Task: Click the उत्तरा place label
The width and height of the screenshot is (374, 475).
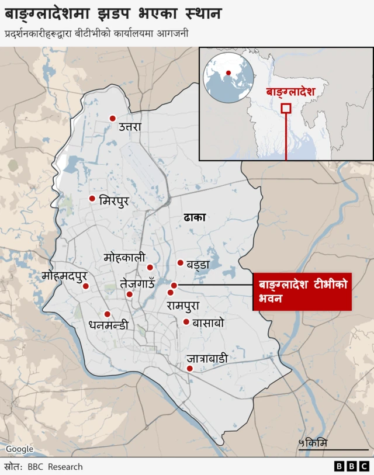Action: (130, 126)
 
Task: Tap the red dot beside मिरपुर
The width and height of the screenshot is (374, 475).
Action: (92, 199)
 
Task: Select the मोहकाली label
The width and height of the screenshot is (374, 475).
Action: (124, 258)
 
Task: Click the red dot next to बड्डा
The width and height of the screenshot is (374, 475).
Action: (180, 263)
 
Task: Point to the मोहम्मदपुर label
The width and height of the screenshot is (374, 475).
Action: (65, 276)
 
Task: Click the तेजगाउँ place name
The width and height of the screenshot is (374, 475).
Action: (137, 283)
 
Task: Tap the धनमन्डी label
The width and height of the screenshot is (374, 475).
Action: (108, 325)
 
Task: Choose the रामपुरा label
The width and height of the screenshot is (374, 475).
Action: (183, 305)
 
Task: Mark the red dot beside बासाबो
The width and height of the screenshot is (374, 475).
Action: (186, 322)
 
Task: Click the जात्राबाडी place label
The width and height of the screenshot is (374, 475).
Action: (207, 359)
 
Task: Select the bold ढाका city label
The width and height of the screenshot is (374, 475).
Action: (195, 218)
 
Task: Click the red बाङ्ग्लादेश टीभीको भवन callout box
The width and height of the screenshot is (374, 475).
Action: (302, 292)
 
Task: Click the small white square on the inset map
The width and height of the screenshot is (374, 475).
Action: (286, 108)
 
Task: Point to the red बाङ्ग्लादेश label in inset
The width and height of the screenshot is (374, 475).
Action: (290, 92)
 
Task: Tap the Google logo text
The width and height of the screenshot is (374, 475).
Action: (19, 449)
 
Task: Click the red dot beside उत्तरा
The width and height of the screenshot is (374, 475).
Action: (112, 119)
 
